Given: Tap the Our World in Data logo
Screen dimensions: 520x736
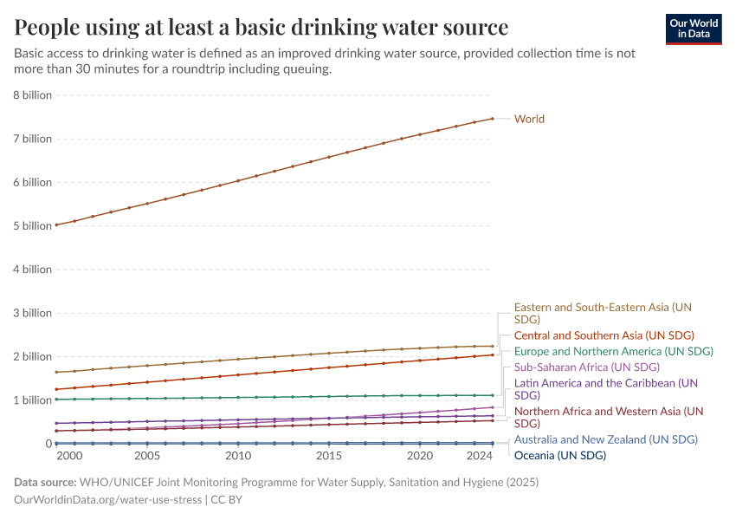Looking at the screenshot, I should (x=694, y=29).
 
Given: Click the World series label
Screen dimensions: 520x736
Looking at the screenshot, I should (x=529, y=119).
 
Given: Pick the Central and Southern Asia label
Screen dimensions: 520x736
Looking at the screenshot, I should (x=604, y=335).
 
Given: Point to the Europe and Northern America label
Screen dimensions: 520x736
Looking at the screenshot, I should (x=613, y=351).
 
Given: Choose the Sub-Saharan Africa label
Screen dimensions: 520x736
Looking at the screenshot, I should (x=586, y=367).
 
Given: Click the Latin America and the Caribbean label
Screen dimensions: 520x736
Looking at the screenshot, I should (x=605, y=388).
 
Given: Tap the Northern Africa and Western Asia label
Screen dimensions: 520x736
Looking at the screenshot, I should (x=608, y=417).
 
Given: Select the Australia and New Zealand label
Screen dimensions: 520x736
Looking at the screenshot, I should (x=605, y=439).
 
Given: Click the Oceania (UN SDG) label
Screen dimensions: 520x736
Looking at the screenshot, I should (x=559, y=455).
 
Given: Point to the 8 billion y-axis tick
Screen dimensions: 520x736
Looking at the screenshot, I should (x=31, y=94).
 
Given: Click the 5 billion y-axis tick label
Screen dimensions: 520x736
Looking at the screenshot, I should (x=31, y=225).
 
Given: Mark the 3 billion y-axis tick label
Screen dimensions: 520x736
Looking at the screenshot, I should (x=31, y=313).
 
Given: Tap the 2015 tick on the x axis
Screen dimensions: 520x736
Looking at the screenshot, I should (x=329, y=455).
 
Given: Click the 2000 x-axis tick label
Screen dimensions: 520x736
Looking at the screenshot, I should (x=69, y=455).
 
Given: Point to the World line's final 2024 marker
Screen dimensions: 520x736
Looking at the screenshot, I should (x=493, y=119).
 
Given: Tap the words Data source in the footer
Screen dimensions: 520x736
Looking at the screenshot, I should (x=44, y=482).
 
